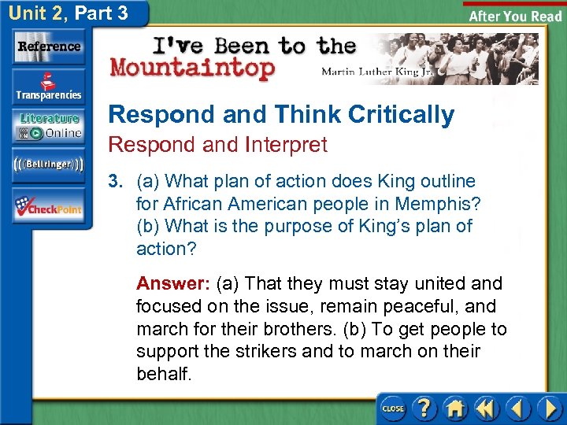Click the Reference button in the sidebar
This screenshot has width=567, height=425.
coord(49,46)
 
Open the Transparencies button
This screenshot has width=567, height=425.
coord(49,87)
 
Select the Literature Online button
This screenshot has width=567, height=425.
coord(49,126)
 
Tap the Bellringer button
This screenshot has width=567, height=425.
coord(49,164)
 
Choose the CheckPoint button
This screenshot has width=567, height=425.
coord(49,207)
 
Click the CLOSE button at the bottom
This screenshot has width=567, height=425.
coord(393,408)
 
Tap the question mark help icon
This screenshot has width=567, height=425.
coord(424,408)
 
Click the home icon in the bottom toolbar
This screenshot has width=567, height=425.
coord(455,408)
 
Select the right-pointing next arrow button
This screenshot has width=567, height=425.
coord(549,408)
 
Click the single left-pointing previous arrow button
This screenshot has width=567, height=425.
coord(518,408)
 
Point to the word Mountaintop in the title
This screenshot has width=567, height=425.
coord(193,68)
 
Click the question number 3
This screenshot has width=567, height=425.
coord(117,182)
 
